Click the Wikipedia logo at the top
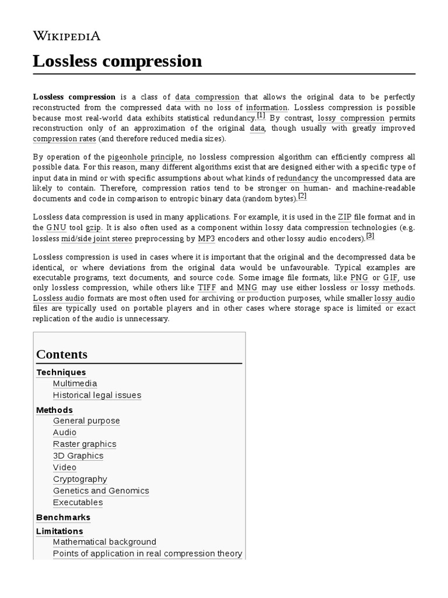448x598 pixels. click(66, 36)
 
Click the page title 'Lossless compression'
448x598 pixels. click(117, 61)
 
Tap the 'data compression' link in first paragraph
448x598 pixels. click(207, 96)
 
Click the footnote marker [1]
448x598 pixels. click(261, 116)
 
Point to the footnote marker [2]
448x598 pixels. click(302, 197)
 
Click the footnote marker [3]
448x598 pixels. click(370, 236)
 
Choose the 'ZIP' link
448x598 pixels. click(344, 217)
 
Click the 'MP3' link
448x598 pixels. click(206, 239)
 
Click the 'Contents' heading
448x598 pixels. click(62, 354)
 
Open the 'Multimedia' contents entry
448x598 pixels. click(75, 384)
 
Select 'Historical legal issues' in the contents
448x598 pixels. click(97, 395)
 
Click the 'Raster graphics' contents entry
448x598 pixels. click(85, 444)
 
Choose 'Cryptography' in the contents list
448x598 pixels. click(80, 479)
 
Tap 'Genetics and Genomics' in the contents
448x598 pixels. click(101, 491)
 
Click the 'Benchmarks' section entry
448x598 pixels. click(63, 517)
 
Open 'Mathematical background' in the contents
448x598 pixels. click(104, 542)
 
